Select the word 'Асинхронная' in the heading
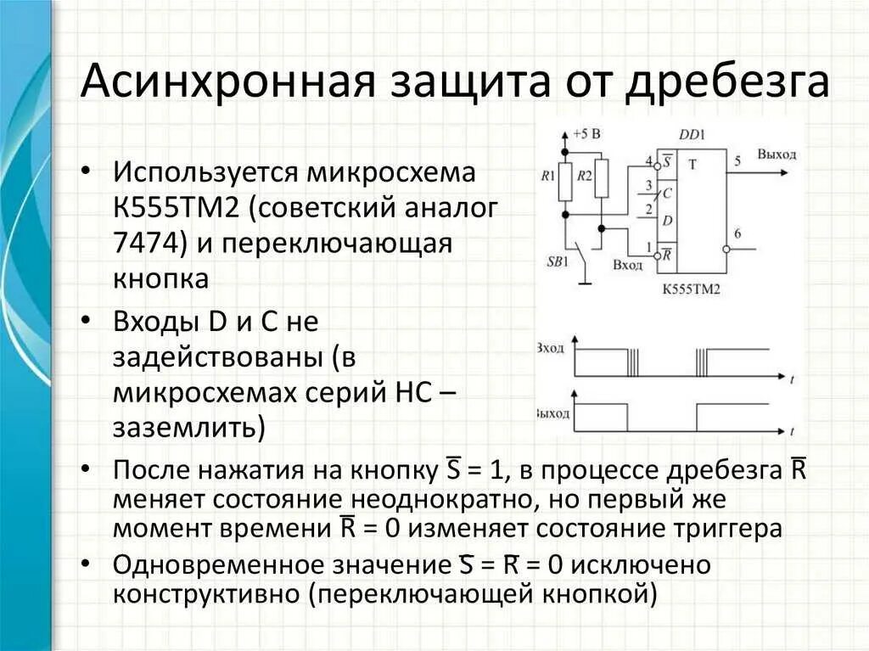pos(227,82)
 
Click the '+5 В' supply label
pos(586,134)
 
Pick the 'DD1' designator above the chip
pos(692,134)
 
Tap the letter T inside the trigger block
pos(692,165)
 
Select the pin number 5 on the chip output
pos(737,160)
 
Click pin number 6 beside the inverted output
pos(737,234)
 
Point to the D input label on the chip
pos(668,222)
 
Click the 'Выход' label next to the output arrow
pos(777,154)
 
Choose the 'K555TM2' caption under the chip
pos(691,289)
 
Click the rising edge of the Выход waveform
pos(696,417)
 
